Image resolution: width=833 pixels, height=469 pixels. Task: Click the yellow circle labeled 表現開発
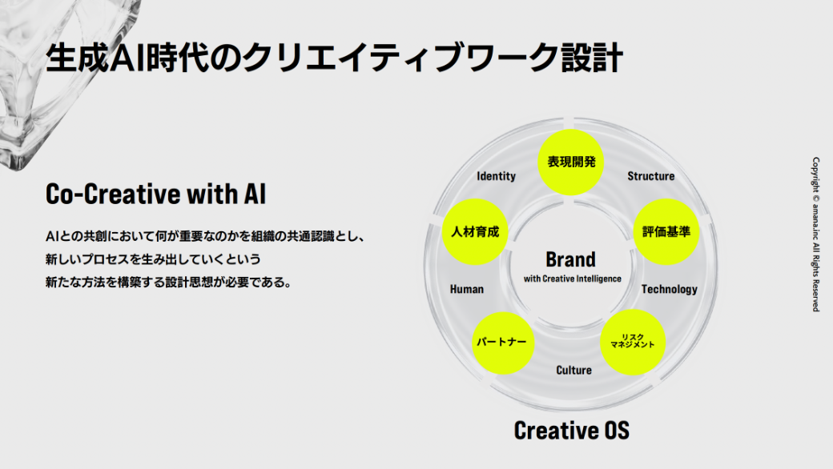click(x=571, y=162)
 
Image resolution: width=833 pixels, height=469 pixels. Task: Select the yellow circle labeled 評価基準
click(x=666, y=232)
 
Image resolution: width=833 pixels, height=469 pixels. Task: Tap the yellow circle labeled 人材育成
click(x=475, y=232)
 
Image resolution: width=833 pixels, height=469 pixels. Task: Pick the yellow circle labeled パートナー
click(x=501, y=343)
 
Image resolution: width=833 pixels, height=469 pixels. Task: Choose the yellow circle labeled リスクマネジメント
click(x=633, y=343)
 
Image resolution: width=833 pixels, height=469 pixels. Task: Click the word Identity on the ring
click(x=496, y=176)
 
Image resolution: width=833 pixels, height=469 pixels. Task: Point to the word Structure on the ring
click(x=650, y=176)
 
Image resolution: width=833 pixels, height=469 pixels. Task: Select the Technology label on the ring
click(x=669, y=289)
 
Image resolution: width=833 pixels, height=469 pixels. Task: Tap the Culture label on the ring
click(x=573, y=370)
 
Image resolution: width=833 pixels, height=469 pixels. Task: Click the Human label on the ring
click(x=466, y=289)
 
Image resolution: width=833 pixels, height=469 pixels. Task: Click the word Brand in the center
click(x=570, y=259)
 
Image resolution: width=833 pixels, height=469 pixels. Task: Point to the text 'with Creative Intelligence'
click(x=572, y=279)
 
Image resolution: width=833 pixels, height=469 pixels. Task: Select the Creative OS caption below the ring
click(x=571, y=430)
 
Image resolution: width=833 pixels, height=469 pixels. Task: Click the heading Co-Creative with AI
click(x=155, y=194)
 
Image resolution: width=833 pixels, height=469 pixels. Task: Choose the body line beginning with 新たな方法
click(x=167, y=283)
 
